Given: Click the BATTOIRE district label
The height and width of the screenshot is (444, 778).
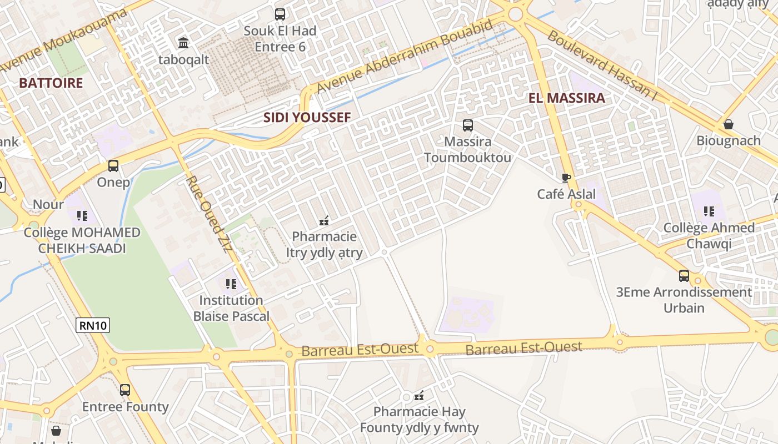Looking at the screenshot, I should (x=51, y=83).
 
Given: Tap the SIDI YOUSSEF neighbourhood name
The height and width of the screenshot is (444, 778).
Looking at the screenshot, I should (x=307, y=117).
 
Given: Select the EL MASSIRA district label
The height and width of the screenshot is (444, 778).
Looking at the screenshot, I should (x=566, y=98).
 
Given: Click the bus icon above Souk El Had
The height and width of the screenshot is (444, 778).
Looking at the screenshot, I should (x=280, y=14).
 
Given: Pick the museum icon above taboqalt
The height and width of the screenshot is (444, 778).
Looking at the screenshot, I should (x=183, y=43).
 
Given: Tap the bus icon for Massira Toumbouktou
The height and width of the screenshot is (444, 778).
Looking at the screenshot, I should (x=468, y=125).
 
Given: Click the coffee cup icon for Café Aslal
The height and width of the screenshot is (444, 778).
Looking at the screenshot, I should (x=566, y=178).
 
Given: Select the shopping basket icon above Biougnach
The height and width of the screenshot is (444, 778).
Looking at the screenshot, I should (x=728, y=124).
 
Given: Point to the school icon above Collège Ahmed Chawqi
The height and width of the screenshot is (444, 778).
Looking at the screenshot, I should (x=709, y=211).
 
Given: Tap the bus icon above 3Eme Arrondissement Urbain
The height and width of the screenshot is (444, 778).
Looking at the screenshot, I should (x=684, y=276).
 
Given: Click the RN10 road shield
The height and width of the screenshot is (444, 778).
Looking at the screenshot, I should (x=93, y=325).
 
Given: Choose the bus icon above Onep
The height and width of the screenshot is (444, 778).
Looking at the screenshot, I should (x=113, y=166).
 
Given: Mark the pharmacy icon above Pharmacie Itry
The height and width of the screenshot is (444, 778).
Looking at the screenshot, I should (x=324, y=221).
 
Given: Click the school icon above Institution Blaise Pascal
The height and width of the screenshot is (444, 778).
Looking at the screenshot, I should (x=231, y=284).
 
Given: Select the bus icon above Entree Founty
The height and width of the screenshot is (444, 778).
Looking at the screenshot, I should (x=125, y=390).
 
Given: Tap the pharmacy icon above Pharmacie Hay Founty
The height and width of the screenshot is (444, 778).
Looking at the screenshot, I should (x=420, y=396).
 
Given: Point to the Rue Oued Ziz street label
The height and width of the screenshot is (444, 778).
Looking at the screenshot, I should (x=208, y=214).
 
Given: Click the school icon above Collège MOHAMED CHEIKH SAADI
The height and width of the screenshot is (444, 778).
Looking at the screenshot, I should (x=82, y=215).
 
